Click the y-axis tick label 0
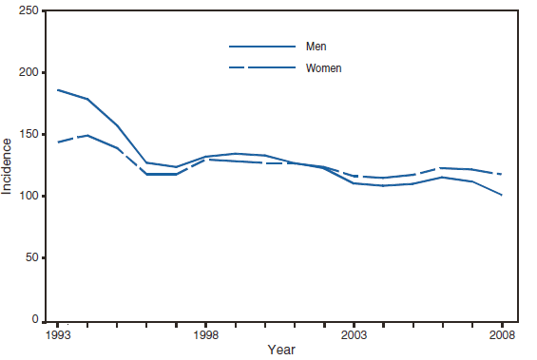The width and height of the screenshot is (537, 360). pos(33,320)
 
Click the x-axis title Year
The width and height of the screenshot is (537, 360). pos(280,351)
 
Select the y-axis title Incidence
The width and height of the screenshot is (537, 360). pos(9,165)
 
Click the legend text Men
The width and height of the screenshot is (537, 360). pos(316,46)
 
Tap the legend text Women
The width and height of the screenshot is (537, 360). pos(323,68)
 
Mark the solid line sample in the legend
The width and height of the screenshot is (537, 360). pos(261,46)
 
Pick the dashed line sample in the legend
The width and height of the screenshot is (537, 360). pos(261,68)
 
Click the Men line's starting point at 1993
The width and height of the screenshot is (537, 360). pos(57,89)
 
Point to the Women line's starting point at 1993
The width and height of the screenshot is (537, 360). pos(57,142)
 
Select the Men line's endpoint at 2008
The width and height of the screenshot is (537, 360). pos(502,195)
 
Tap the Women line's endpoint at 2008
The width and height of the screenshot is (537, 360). pos(502,174)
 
